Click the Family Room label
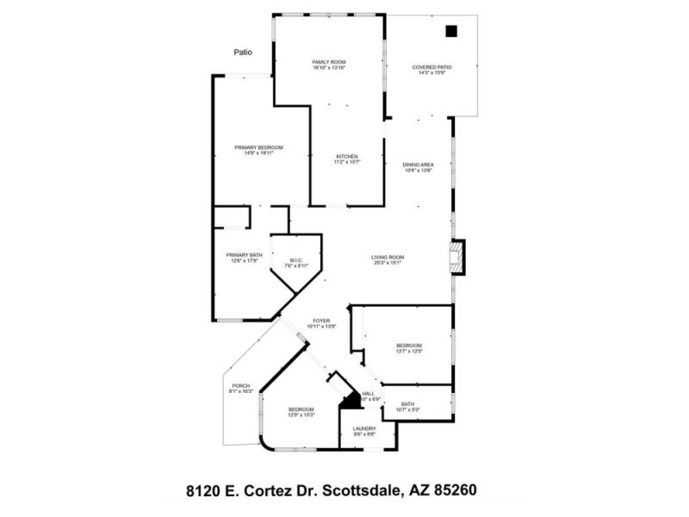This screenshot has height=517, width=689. coord(328,64)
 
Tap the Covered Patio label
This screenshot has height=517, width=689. coord(431,69)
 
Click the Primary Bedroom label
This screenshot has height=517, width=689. coord(258,150)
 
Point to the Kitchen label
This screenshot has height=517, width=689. coord(346,159)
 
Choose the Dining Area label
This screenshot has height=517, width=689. coord(418,166)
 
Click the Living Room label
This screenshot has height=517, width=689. coord(388,259)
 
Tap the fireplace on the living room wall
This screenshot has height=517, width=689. coord(456,257)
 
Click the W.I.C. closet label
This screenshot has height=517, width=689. coord(295,262)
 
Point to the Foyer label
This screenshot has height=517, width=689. coord(320,323)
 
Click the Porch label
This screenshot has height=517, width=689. coord(241,388)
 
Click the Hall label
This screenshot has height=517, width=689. coord(369,396)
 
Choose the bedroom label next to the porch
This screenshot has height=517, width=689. coord(301,411)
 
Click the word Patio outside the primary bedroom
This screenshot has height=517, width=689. coord(244,53)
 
